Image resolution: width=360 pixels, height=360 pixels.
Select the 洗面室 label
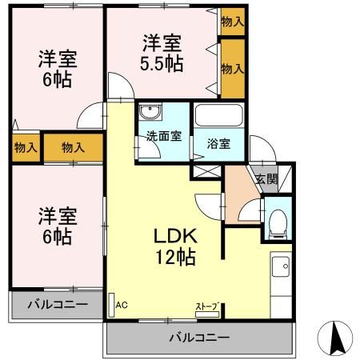[163, 136]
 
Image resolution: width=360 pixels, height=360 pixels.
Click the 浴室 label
[218, 145]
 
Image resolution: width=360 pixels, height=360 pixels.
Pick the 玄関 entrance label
[267, 180]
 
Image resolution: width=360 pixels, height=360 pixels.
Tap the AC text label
[122, 305]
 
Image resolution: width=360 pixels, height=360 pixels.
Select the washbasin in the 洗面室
[149, 113]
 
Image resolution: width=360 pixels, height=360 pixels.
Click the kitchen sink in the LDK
[282, 269]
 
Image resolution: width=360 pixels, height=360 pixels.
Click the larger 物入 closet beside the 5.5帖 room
[232, 70]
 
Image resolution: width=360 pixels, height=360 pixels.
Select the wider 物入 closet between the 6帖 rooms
[74, 147]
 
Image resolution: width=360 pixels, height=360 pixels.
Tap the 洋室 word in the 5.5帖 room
[162, 40]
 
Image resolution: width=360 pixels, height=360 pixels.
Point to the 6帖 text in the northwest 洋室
[56, 80]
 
